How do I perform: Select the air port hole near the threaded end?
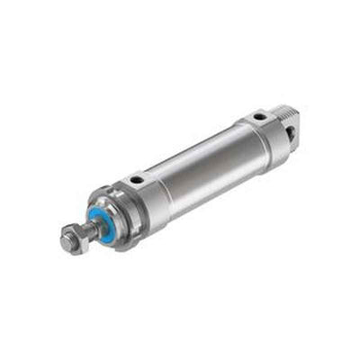click(x=258, y=116)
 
